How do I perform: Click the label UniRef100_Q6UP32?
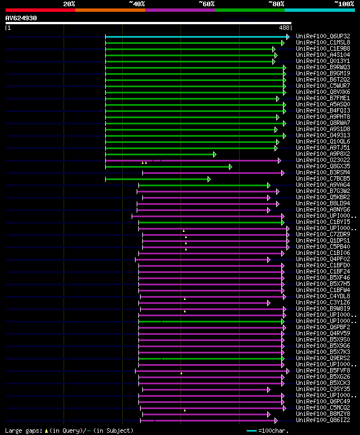pyautogui.click(x=323, y=37)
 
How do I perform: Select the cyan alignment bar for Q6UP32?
pyautogui.click(x=197, y=37)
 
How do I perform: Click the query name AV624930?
pyautogui.click(x=21, y=18)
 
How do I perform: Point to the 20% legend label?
pyautogui.click(x=69, y=4)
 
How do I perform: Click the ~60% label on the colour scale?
pyautogui.click(x=206, y=4)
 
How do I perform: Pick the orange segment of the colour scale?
pyautogui.click(x=110, y=10)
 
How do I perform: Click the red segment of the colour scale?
pyautogui.click(x=40, y=10)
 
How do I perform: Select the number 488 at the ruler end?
pyautogui.click(x=284, y=27)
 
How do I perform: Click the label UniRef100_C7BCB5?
pyautogui.click(x=323, y=179)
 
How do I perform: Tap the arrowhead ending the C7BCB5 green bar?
pyautogui.click(x=209, y=179)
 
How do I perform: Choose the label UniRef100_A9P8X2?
pyautogui.click(x=323, y=154)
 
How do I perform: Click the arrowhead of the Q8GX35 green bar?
pyautogui.click(x=230, y=167)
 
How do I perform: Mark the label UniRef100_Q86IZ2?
pyautogui.click(x=323, y=420)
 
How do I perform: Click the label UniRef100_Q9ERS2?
pyautogui.click(x=323, y=358)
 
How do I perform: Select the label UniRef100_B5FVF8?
pyautogui.click(x=323, y=371)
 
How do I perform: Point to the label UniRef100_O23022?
pyautogui.click(x=323, y=160)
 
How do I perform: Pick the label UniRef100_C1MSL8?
pyautogui.click(x=323, y=43)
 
